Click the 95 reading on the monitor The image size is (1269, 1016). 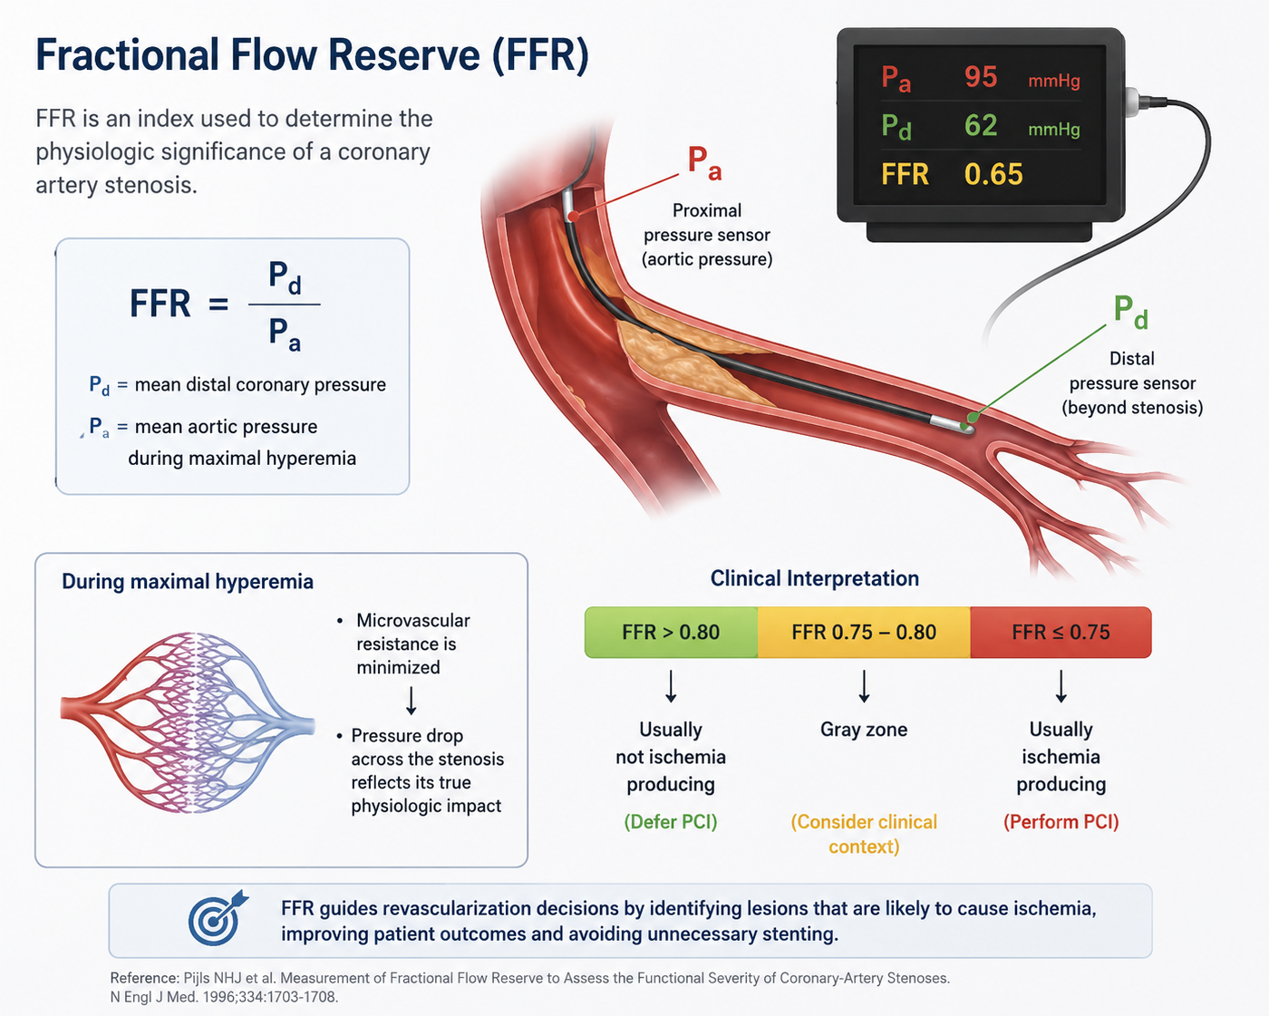point(981,77)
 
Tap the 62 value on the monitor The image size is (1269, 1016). point(981,125)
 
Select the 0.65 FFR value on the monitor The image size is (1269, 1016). point(993,174)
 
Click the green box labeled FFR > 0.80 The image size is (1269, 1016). point(671,632)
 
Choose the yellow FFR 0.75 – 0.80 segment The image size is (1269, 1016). point(864,632)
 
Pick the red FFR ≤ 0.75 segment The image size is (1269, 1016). point(1061,632)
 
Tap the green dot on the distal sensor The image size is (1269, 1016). point(973,418)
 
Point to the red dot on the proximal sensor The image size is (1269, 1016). point(575,217)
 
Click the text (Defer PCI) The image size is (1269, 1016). point(671,821)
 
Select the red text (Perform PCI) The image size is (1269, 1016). point(1061,821)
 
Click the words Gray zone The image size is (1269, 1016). point(864,730)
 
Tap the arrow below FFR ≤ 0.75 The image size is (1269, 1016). point(1061,686)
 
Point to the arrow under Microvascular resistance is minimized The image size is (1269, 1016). point(411,700)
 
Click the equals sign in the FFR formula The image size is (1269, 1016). point(218,305)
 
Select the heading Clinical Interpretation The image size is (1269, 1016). point(814,578)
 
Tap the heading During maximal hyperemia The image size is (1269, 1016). point(188,582)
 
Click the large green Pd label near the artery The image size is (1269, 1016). point(1130,312)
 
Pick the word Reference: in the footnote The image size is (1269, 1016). point(144,978)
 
